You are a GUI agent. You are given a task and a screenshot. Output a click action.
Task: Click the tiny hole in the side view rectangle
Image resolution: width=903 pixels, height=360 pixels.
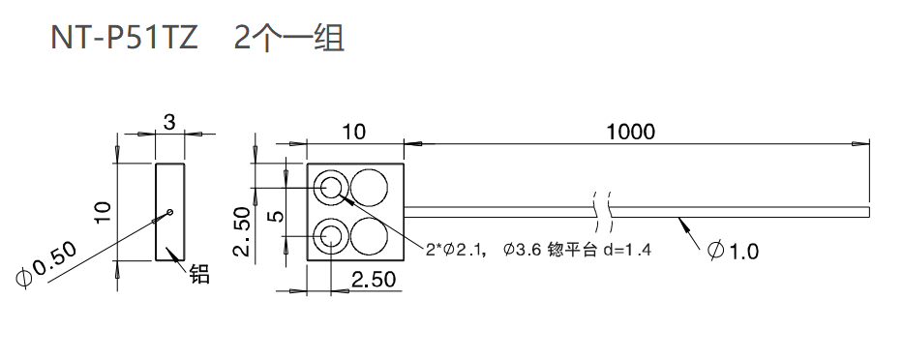tap(170, 212)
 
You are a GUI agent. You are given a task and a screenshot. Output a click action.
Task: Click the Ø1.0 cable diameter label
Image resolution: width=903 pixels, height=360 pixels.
tap(733, 252)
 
